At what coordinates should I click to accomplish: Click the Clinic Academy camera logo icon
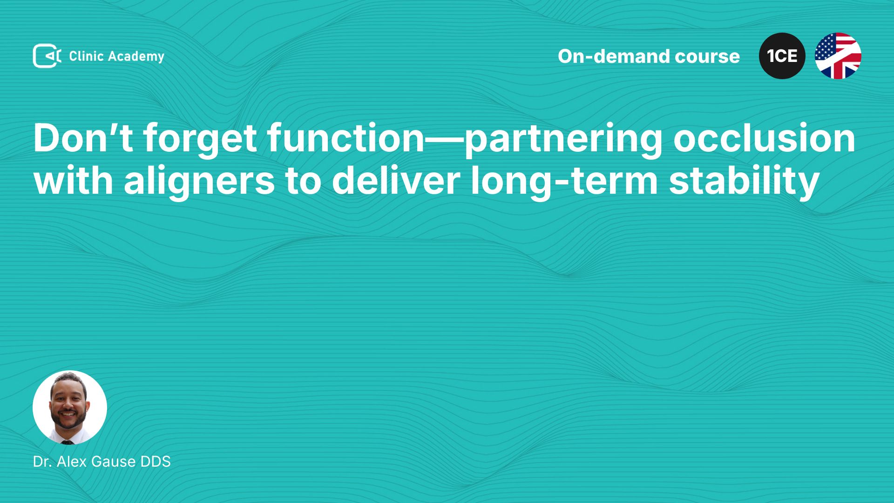(47, 56)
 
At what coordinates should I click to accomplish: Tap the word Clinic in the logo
(86, 56)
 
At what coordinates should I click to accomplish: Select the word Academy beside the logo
(136, 57)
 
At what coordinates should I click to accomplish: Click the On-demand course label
(649, 56)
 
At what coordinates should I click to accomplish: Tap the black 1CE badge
(782, 56)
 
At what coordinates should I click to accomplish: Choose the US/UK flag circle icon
(838, 56)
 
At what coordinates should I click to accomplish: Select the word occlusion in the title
(764, 138)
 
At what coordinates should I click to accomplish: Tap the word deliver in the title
(396, 181)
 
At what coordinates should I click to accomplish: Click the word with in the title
(73, 181)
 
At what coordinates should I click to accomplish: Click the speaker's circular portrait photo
(70, 408)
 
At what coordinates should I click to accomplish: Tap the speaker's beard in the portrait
(68, 419)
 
